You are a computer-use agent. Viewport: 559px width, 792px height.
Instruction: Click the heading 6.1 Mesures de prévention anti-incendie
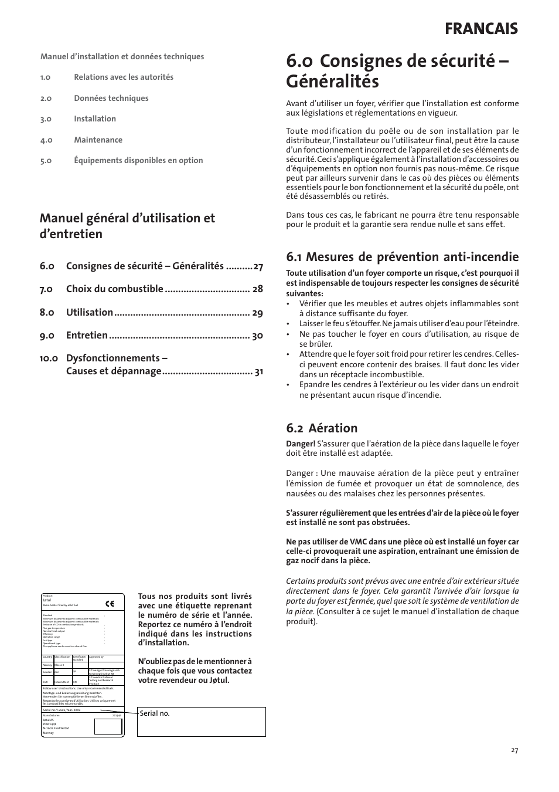pos(402,256)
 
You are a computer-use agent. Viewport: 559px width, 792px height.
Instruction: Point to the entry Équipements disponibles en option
pos(138,160)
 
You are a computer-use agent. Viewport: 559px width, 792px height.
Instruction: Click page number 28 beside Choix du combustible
pos(257,289)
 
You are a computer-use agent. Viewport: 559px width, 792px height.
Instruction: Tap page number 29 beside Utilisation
pos(257,313)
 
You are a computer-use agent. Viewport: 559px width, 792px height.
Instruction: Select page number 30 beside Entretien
pos(257,336)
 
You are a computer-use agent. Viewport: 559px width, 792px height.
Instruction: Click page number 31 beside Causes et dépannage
pos(258,371)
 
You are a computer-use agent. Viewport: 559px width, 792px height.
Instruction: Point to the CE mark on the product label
pos(110,603)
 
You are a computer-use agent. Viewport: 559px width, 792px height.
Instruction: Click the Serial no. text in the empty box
pos(155,713)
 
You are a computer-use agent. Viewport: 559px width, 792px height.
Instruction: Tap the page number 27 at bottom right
pos(514,750)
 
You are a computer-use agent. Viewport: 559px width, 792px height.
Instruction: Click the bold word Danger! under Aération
pos(300,444)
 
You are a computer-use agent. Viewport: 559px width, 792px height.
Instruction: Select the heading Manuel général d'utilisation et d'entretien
pos(127,226)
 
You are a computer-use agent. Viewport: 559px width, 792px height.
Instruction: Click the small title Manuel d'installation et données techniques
pos(122,57)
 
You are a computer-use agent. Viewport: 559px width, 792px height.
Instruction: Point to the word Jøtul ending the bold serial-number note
pos(219,681)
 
